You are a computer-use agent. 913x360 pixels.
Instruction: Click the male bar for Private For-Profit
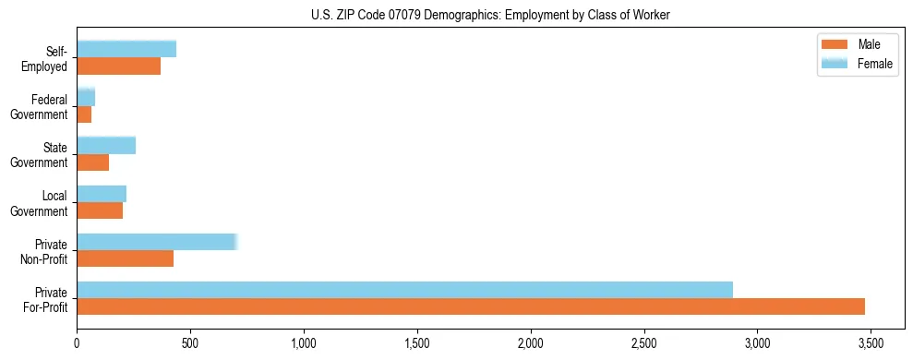click(x=471, y=306)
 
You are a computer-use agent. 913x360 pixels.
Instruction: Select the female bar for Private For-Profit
click(x=404, y=290)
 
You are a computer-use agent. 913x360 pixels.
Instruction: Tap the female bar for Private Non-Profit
click(x=157, y=242)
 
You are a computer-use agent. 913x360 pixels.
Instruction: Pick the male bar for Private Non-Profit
click(x=126, y=258)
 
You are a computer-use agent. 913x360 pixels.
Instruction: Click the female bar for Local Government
click(x=102, y=194)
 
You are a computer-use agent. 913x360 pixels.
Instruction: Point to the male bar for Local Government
click(x=100, y=210)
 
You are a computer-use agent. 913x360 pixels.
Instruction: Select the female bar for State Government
click(x=106, y=145)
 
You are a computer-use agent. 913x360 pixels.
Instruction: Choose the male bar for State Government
click(x=93, y=162)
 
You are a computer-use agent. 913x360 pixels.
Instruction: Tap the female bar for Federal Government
click(x=86, y=97)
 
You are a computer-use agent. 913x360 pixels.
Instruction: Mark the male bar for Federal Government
click(x=84, y=114)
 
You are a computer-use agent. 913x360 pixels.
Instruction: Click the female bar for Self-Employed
click(x=126, y=49)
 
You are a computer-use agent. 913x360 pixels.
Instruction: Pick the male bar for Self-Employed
click(x=119, y=66)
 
